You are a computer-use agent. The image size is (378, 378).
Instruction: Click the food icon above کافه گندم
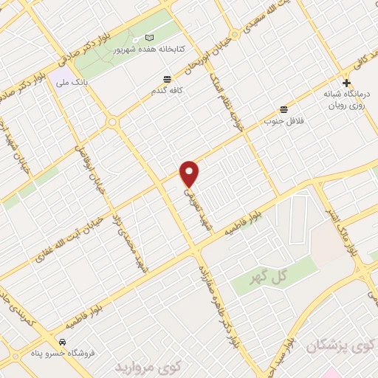(x=166, y=78)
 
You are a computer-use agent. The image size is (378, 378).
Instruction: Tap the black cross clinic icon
(x=347, y=83)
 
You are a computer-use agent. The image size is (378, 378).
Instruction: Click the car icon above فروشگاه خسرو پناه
(x=63, y=343)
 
